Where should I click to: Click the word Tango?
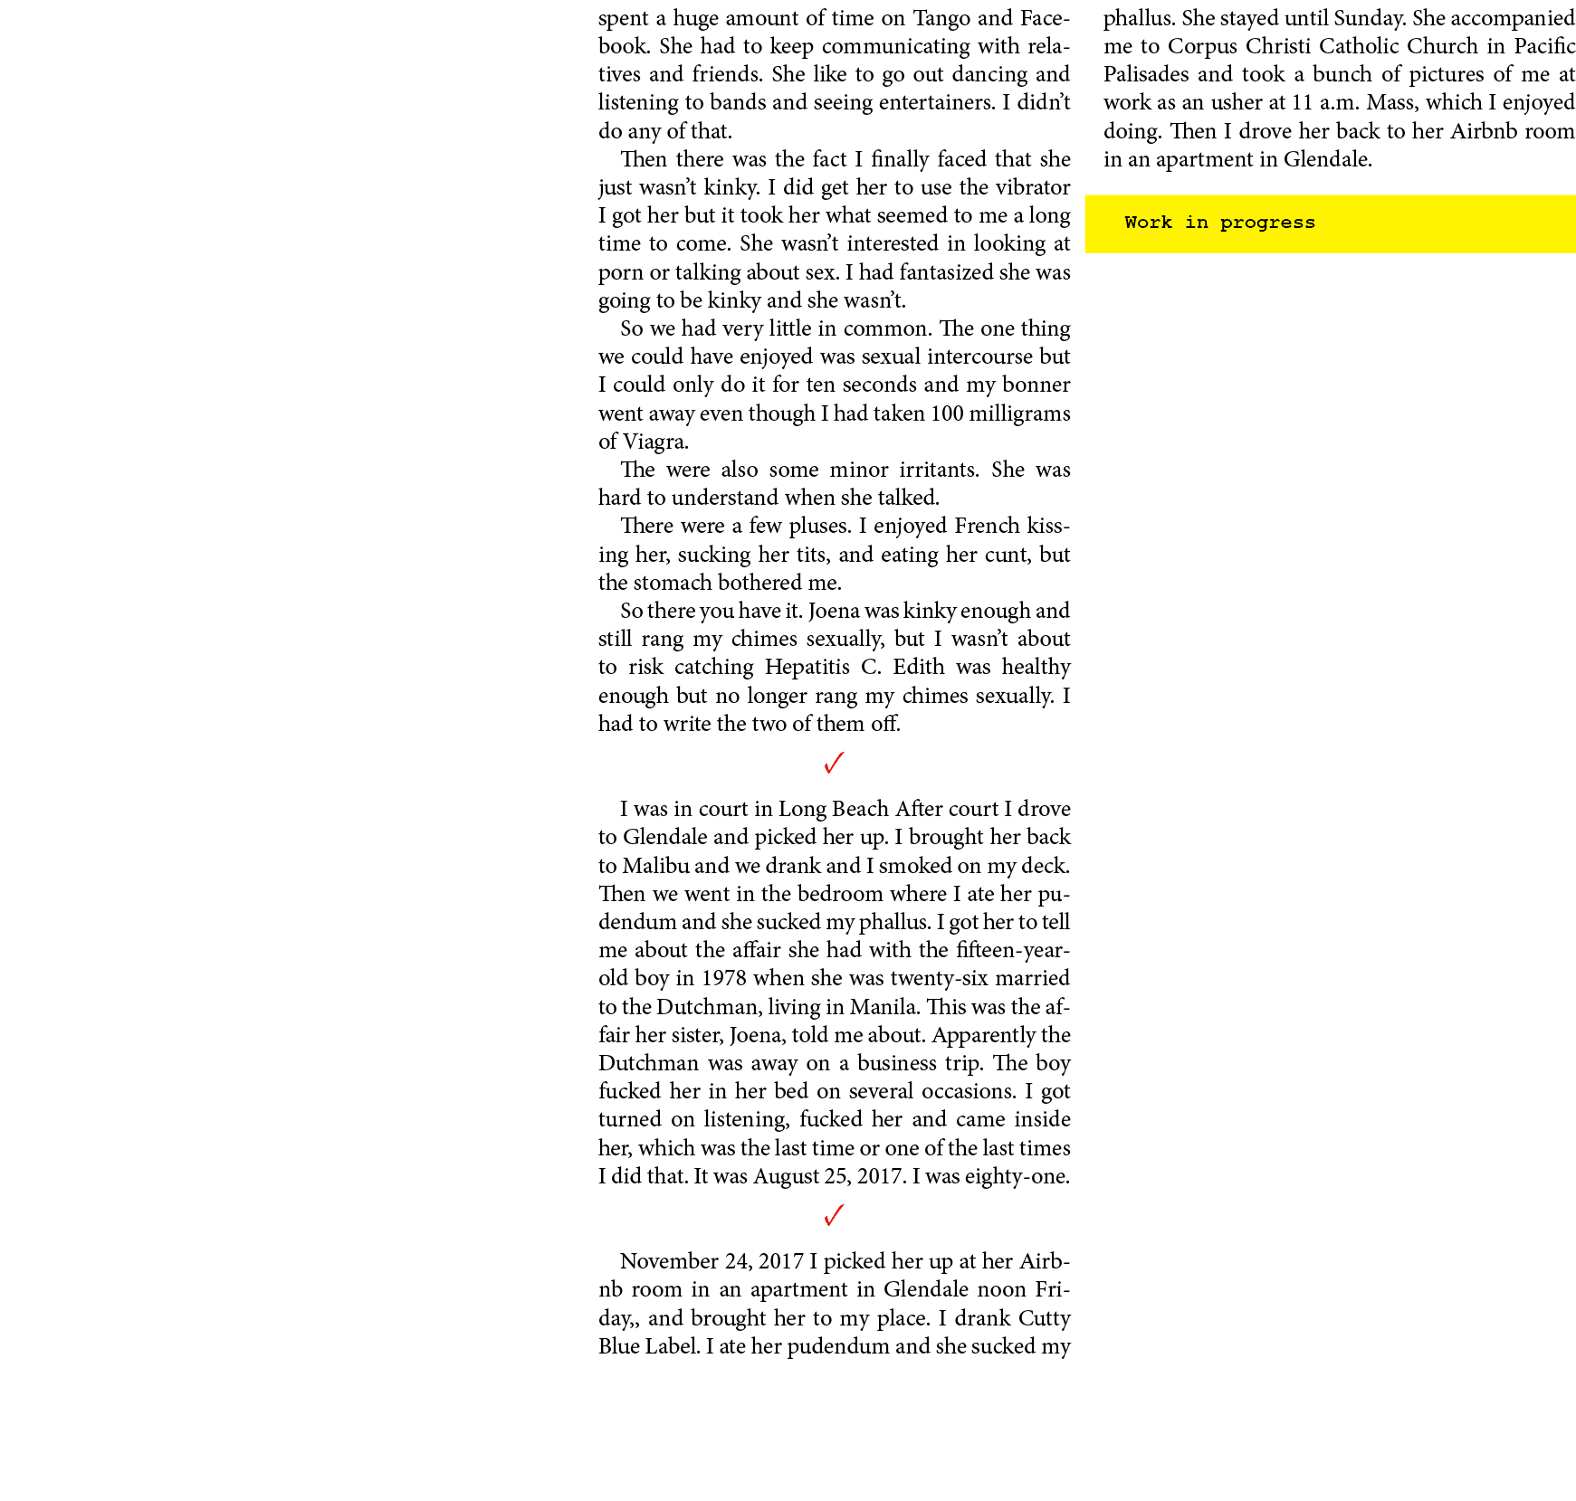tap(941, 19)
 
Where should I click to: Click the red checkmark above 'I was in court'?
tap(835, 764)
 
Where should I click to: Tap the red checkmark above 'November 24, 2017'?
tap(835, 1215)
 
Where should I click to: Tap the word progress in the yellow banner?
tap(1267, 223)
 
